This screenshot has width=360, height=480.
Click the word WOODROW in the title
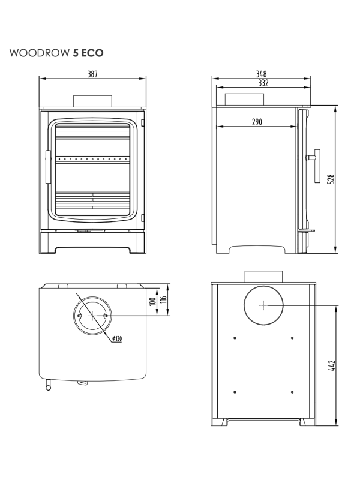[39, 53]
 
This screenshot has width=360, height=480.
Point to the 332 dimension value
[262, 83]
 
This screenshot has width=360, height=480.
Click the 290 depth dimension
[256, 122]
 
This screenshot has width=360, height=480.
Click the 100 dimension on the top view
[154, 300]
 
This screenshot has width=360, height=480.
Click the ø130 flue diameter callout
[116, 339]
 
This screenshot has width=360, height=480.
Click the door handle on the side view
[314, 164]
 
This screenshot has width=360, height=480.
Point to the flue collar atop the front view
[92, 101]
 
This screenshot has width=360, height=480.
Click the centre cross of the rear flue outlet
[263, 305]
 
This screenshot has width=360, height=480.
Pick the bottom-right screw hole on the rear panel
[292, 392]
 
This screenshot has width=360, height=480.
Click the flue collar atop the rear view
[263, 277]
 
